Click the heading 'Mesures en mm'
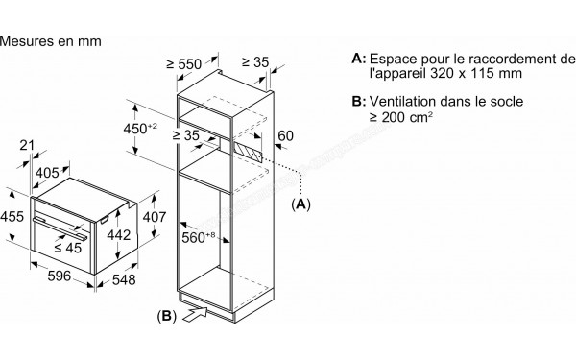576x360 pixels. point(51,41)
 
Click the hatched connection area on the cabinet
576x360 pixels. point(251,148)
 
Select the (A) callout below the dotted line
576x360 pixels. point(300,204)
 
